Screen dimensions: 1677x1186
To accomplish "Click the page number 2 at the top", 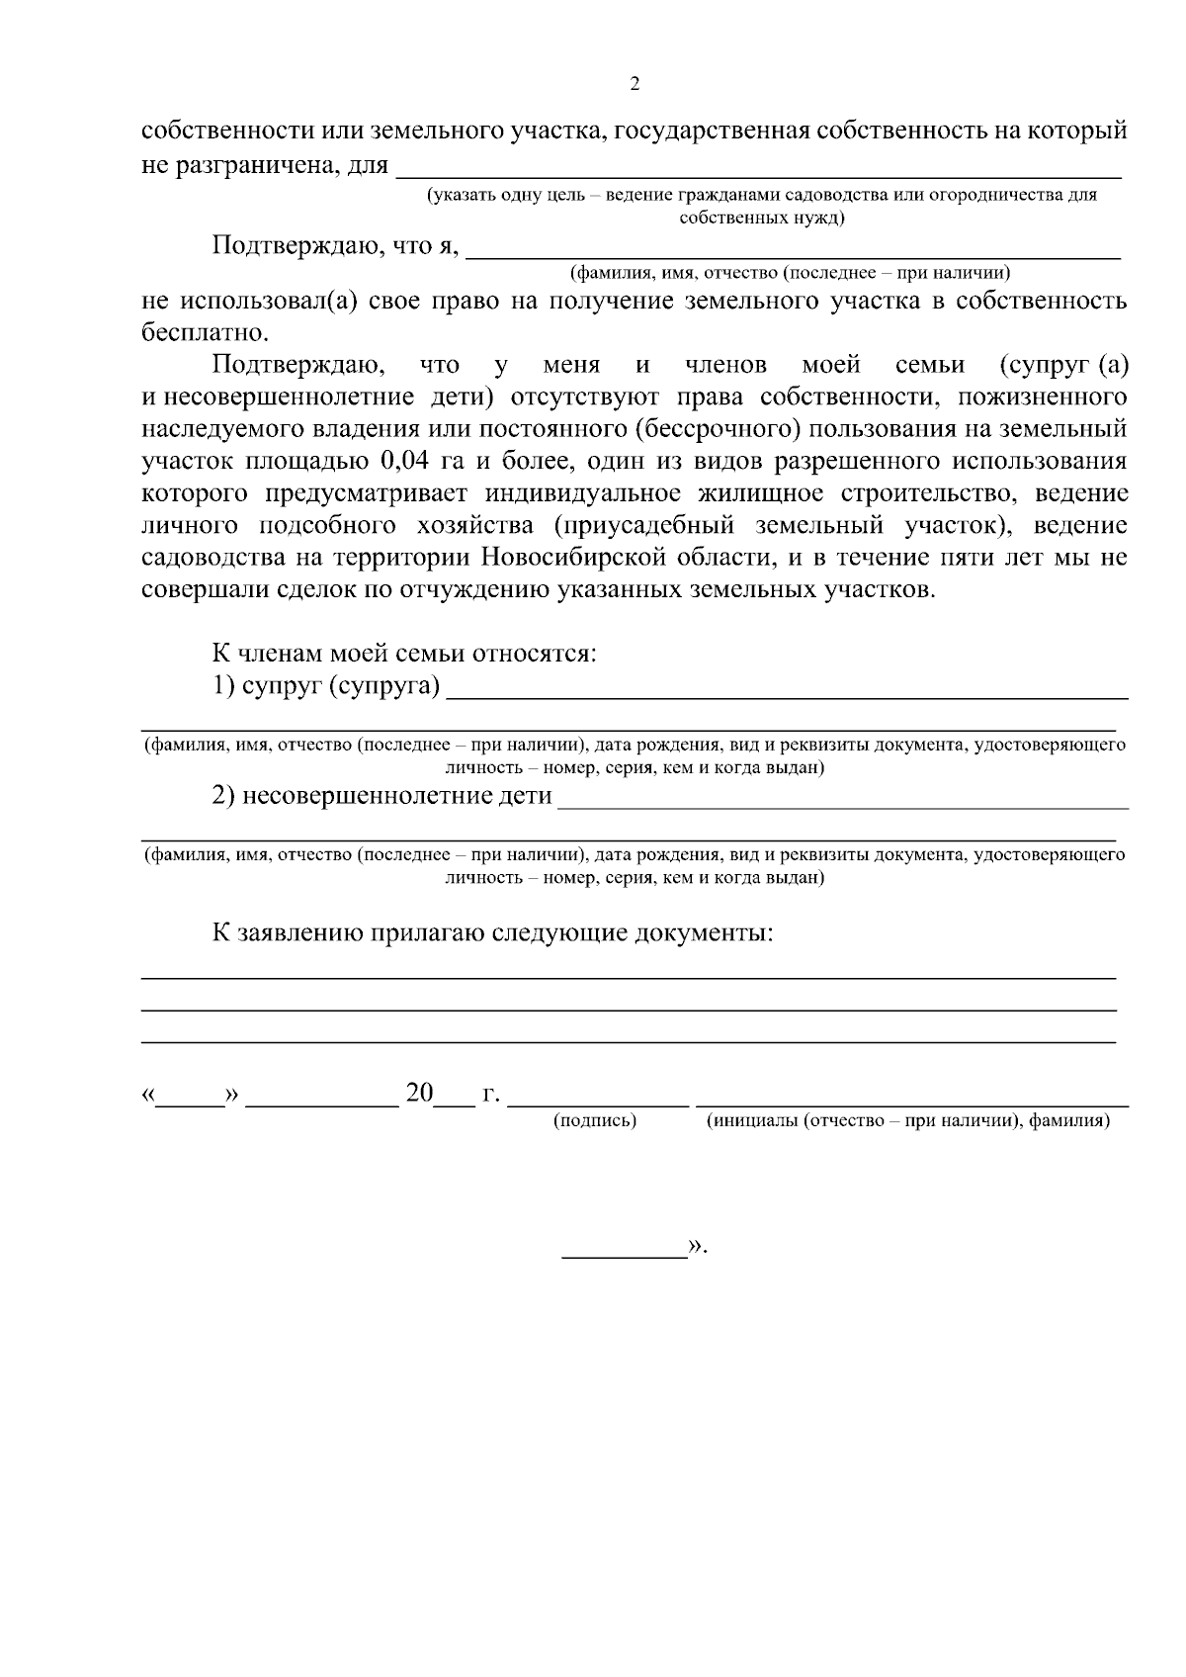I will [x=635, y=84].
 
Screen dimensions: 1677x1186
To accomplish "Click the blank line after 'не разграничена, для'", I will [x=758, y=174].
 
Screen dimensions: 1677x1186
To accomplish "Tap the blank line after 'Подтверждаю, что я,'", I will [x=793, y=255].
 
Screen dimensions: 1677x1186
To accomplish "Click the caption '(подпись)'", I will [x=595, y=1120].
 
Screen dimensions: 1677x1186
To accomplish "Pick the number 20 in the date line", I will [x=419, y=1094].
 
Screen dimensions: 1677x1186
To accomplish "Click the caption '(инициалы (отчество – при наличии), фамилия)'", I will [x=907, y=1120].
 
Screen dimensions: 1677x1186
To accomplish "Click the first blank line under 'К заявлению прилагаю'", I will [x=629, y=977].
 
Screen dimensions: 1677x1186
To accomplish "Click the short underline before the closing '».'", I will [x=625, y=1256].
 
